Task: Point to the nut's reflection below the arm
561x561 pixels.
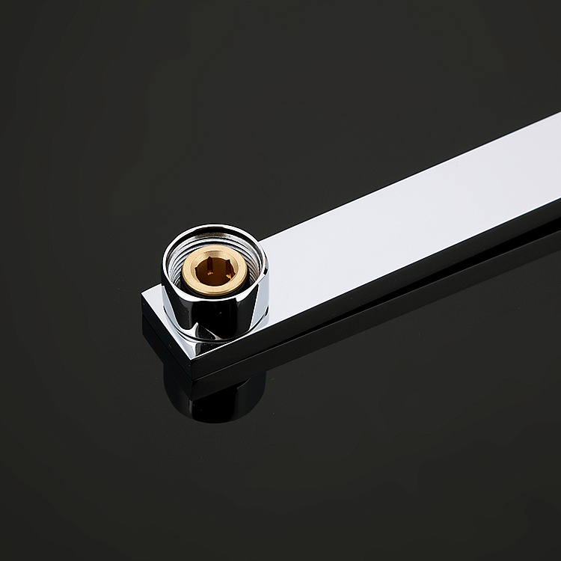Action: (217, 400)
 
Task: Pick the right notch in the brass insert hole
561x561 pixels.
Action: (227, 265)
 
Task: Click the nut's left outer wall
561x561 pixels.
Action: (168, 292)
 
